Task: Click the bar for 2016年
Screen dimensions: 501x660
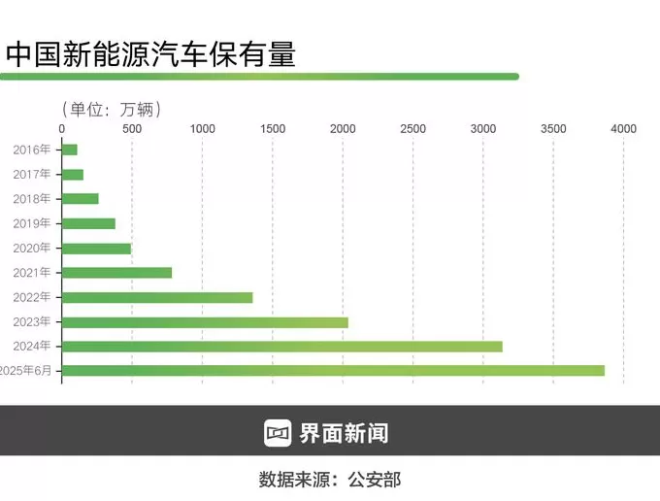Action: (x=70, y=150)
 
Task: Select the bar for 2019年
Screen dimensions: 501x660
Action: (x=88, y=223)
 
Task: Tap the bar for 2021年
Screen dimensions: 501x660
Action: (x=116, y=273)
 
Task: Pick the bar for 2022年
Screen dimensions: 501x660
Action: (x=157, y=297)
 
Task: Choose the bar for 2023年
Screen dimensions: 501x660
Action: (x=205, y=321)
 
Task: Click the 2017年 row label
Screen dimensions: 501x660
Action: (x=32, y=174)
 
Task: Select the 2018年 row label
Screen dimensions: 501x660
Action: (x=32, y=199)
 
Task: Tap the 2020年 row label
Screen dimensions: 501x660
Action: (x=32, y=248)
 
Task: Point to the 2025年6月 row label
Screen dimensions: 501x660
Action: (x=29, y=371)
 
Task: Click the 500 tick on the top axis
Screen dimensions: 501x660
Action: (x=132, y=128)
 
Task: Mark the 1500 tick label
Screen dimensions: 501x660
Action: (x=273, y=128)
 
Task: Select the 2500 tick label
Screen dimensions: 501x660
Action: (x=412, y=128)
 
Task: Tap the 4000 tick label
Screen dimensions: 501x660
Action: (x=623, y=128)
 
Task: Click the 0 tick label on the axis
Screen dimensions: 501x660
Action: (x=62, y=128)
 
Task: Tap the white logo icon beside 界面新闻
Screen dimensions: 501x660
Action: (x=278, y=432)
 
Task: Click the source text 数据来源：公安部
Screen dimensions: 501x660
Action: (x=329, y=479)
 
